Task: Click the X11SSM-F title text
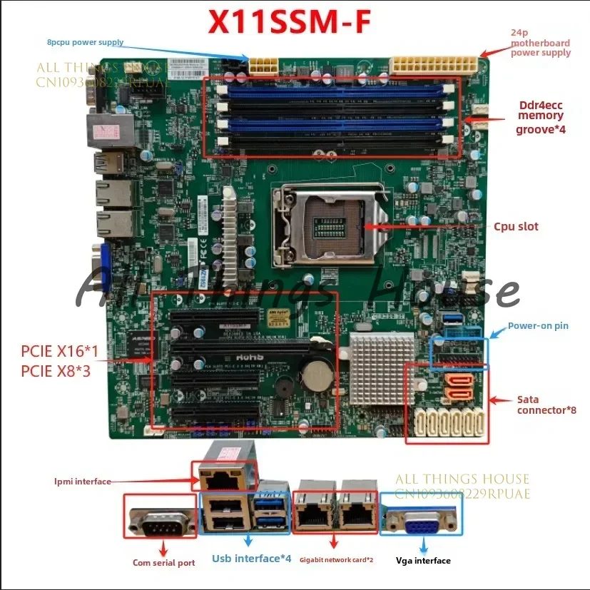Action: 289,23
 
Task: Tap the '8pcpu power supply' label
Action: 86,42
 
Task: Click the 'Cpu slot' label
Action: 516,227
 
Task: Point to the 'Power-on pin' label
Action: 538,326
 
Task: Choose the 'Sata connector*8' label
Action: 546,405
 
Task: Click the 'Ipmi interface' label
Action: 83,482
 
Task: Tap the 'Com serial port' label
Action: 163,563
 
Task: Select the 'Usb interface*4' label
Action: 251,558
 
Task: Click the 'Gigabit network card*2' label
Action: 336,560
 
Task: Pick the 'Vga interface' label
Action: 423,561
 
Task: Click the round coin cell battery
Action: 317,370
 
